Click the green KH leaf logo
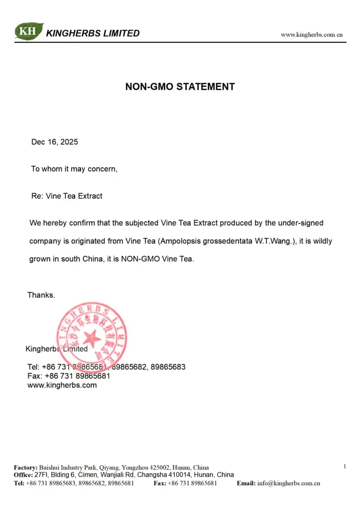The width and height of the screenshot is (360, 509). click(29, 32)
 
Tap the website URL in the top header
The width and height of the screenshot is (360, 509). click(311, 35)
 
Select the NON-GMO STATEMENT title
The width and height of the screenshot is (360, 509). click(180, 87)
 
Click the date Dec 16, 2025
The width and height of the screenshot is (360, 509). click(55, 142)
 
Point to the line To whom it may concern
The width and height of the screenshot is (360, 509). click(74, 169)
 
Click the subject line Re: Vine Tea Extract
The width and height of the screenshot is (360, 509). click(67, 196)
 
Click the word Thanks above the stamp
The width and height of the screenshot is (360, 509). click(41, 295)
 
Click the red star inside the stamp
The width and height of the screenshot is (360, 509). click(91, 338)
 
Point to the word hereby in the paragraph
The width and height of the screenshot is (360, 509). click(55, 223)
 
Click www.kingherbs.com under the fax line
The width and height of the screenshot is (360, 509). click(62, 385)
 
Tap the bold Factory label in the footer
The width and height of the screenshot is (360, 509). click(25, 468)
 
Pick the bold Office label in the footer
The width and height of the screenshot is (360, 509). click(23, 475)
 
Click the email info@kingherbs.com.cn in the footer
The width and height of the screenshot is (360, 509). click(288, 483)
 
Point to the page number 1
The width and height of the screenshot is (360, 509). click(344, 467)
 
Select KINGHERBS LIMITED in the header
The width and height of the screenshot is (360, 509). click(93, 33)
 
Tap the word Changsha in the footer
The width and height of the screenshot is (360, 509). click(152, 475)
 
